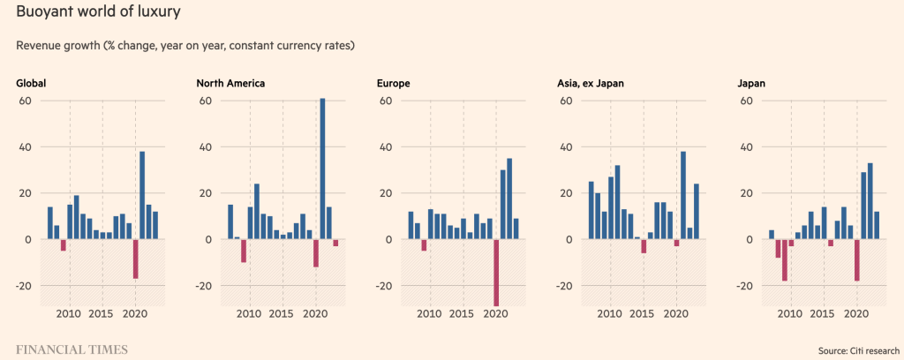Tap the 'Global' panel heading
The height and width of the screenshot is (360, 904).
pos(31,84)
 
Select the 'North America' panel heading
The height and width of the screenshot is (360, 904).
pos(230,84)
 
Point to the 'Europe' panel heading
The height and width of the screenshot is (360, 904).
pos(393,84)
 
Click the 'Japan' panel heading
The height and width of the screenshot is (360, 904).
pos(751,84)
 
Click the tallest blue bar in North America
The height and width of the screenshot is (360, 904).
pos(322,169)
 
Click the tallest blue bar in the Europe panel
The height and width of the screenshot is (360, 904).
pos(509,199)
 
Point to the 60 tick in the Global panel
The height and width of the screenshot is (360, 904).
pos(25,101)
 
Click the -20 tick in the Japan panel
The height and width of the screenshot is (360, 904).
pos(743,286)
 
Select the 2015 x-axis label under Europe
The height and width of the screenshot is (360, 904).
pos(463,313)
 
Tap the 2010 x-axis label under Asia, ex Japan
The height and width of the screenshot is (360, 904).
pos(610,313)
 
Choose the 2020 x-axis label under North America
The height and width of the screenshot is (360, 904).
pos(315,313)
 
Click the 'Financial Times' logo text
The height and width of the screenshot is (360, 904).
pos(72,349)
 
